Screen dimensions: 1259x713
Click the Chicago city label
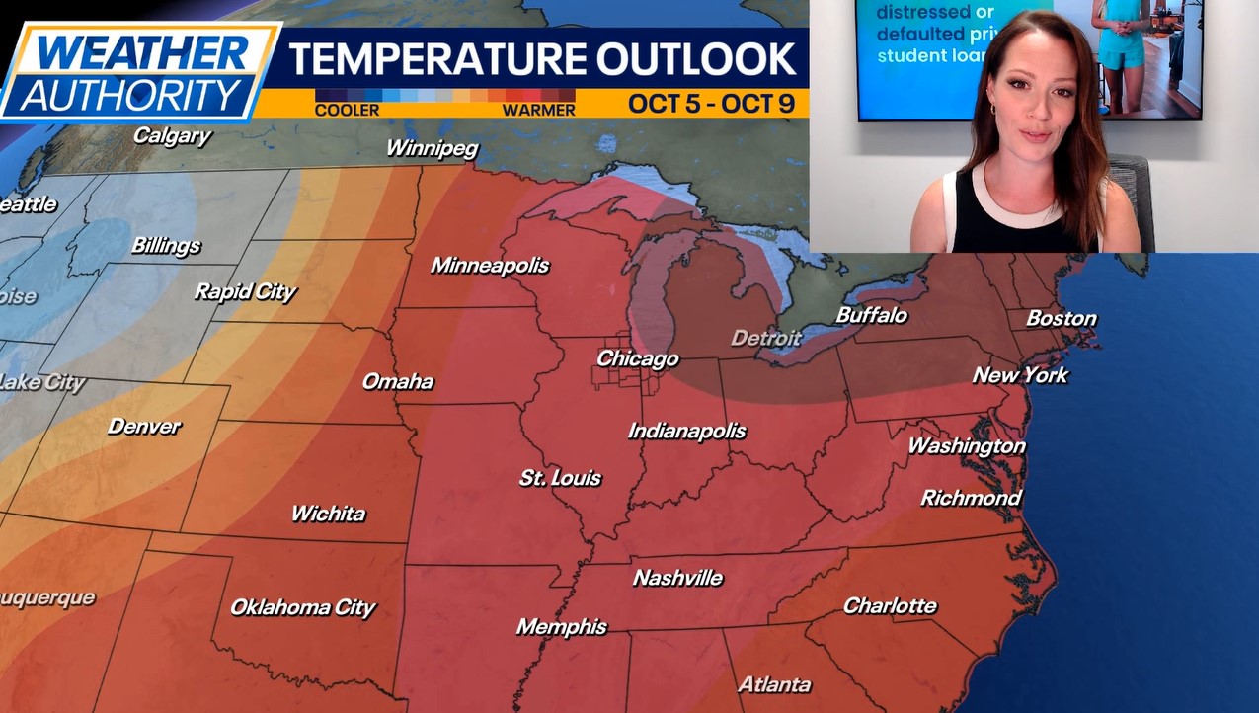click(637, 358)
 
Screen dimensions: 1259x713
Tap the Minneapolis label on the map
click(490, 265)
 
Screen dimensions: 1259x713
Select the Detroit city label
click(765, 338)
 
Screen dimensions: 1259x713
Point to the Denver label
click(144, 427)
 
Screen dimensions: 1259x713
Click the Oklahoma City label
click(302, 607)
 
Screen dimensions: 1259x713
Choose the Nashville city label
click(677, 578)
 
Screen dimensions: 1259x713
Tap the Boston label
click(1061, 318)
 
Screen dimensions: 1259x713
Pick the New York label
click(1020, 375)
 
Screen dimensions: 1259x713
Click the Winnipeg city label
click(432, 148)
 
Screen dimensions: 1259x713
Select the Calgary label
click(172, 135)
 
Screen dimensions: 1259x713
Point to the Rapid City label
click(245, 291)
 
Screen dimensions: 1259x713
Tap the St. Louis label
click(560, 478)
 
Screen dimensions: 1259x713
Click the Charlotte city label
click(890, 605)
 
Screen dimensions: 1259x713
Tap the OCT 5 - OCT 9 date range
click(711, 104)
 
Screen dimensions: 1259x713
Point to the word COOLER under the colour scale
click(347, 110)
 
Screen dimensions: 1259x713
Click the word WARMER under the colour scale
click(538, 110)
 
